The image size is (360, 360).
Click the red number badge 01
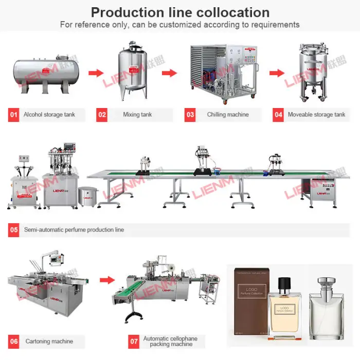13,114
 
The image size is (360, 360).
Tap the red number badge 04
278,114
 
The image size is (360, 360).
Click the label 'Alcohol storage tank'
49,114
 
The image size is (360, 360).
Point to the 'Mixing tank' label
137,114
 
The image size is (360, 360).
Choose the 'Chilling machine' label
227,114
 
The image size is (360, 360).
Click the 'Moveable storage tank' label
316,114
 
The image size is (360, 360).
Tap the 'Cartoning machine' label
49,341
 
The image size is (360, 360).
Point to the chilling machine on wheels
223,71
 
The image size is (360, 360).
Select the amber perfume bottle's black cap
284,284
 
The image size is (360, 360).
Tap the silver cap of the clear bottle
327,283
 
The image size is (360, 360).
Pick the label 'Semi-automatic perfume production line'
74,229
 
